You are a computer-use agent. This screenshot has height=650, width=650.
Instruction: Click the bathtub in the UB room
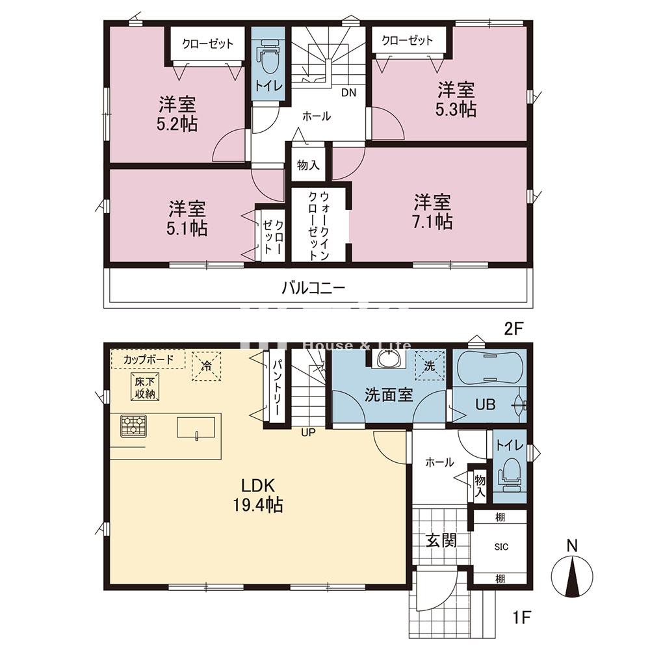489,371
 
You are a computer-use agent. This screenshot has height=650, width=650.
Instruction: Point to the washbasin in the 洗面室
389,359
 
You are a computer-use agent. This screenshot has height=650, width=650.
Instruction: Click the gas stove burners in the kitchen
133,425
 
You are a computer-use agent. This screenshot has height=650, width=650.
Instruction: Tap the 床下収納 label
145,387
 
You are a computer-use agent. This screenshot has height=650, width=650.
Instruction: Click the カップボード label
148,359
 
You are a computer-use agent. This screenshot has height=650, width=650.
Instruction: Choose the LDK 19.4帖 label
260,495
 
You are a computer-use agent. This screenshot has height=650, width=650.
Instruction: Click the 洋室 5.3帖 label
456,99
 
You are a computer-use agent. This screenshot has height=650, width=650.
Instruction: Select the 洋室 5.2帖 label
177,114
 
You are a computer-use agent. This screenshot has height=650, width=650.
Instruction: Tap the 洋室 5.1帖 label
188,218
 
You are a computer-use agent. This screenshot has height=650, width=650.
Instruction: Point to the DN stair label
349,92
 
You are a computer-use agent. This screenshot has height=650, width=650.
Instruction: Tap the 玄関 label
441,540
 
